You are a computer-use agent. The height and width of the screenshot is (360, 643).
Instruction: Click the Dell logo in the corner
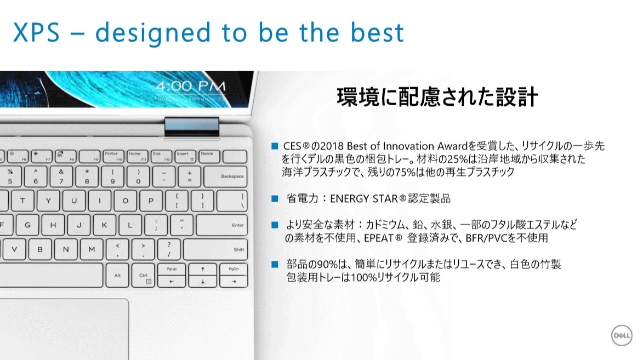622,335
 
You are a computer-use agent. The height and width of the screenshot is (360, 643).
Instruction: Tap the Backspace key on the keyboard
225,176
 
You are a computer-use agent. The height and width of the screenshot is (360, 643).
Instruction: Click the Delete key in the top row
209,156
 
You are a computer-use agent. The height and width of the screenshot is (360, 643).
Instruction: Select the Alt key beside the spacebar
117,275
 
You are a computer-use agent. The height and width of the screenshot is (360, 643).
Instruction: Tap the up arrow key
203,270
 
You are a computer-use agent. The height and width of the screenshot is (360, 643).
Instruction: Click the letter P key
151,201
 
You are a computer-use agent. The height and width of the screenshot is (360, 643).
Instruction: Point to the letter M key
91,249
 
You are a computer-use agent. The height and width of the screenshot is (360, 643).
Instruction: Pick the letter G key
27,225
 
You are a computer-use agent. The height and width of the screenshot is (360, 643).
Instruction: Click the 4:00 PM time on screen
191,87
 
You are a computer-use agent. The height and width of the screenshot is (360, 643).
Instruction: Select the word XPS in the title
37,32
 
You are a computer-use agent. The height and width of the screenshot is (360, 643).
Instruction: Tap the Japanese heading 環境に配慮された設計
437,97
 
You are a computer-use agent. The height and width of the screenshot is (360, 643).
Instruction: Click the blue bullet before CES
275,146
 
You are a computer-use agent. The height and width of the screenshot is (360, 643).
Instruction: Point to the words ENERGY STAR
364,199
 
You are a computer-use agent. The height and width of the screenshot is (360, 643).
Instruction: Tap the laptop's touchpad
64,329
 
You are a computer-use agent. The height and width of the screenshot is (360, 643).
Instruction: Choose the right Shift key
215,249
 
